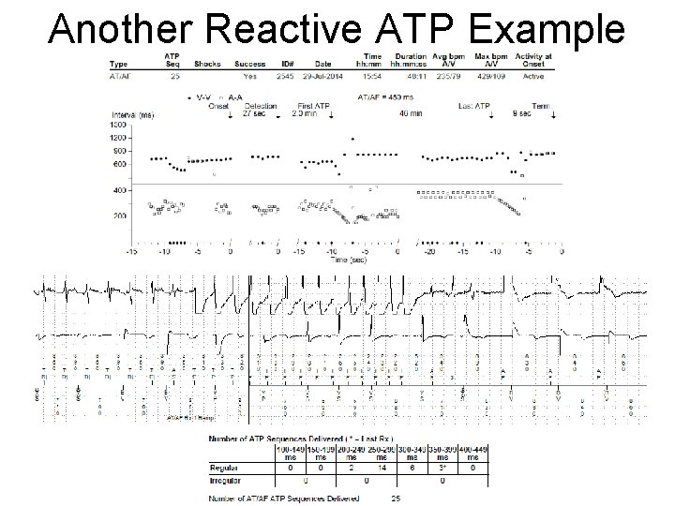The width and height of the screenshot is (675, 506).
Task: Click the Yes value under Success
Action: tap(249, 76)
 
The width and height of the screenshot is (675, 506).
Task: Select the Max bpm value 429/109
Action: tap(492, 76)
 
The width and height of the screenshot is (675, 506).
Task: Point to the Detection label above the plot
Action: tap(261, 105)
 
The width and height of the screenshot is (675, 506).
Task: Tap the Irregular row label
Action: tap(228, 479)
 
